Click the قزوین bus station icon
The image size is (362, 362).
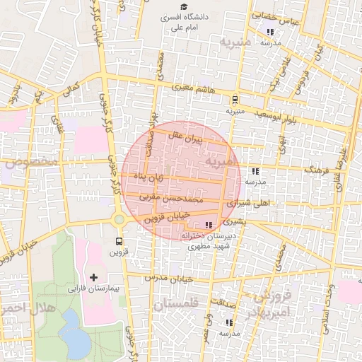118,239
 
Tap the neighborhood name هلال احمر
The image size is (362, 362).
23,308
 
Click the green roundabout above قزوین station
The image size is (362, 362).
119,219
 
